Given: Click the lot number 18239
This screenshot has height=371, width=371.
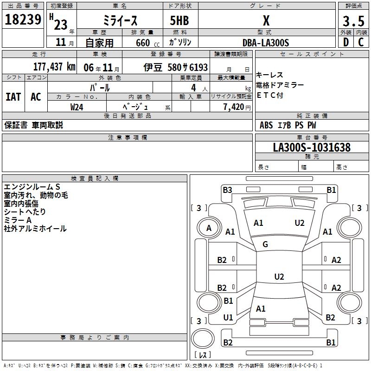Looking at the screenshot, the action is click(x=23, y=20).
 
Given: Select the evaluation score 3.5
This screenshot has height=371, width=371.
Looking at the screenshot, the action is click(x=352, y=21).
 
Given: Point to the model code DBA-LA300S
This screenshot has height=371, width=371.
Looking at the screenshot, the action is click(x=266, y=43).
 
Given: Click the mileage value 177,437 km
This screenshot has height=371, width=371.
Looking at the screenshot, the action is click(x=54, y=67).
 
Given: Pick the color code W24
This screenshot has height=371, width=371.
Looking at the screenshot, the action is click(x=77, y=107).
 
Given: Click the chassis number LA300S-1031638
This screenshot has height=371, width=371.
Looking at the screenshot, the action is click(x=312, y=147).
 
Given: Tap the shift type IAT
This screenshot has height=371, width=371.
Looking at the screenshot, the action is click(x=13, y=96).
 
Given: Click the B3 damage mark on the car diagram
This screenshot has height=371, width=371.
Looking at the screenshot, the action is click(x=227, y=190).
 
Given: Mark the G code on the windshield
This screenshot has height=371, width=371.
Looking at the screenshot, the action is click(x=265, y=244).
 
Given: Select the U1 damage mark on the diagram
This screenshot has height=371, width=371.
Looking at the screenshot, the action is click(x=228, y=317).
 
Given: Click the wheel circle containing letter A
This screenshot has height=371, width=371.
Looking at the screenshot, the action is click(x=209, y=228).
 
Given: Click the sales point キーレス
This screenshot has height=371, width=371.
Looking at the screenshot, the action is click(x=269, y=75).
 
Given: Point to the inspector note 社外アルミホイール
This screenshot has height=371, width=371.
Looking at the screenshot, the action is click(x=35, y=229).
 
